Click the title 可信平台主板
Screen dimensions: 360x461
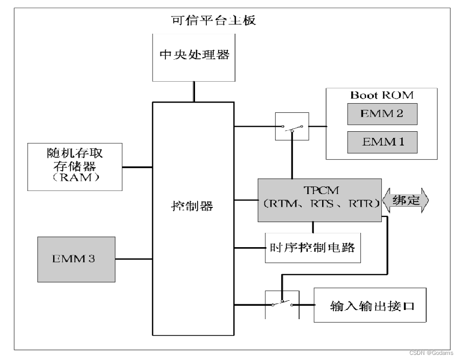[x=213, y=21]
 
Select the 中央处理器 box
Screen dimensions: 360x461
[x=194, y=56]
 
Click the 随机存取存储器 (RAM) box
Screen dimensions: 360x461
[x=75, y=166]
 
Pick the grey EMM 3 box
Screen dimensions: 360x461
[x=76, y=259]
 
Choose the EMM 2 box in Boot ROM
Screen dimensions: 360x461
[x=382, y=114]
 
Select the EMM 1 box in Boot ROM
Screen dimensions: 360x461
[x=382, y=142]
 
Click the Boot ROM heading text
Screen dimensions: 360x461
[x=381, y=95]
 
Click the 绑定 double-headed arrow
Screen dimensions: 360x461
[x=406, y=201]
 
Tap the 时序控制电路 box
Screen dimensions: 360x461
[x=312, y=248]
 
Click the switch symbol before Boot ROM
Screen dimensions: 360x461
[x=292, y=126]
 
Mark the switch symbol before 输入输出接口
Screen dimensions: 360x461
[x=282, y=304]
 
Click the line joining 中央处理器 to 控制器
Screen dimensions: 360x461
[x=194, y=91]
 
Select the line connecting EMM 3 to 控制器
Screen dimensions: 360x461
[x=134, y=259]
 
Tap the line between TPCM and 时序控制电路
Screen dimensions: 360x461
[x=312, y=228]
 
